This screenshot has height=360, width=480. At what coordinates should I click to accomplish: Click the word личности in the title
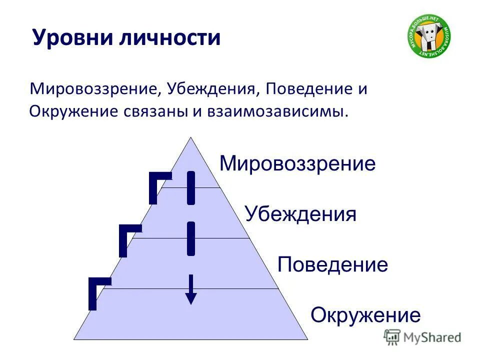(169, 38)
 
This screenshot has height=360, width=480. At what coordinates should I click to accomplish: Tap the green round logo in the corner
(428, 36)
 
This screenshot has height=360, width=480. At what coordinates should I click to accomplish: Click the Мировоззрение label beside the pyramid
(297, 163)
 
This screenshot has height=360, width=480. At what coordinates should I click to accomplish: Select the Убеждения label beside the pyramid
(300, 214)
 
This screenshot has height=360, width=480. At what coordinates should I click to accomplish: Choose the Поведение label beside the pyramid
(332, 264)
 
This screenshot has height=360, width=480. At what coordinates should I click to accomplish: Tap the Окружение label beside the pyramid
(365, 315)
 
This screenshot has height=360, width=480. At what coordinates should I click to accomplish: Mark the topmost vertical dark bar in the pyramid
(190, 188)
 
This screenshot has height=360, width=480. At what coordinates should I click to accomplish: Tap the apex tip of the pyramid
(190, 138)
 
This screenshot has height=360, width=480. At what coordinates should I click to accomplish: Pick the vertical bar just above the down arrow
(190, 238)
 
